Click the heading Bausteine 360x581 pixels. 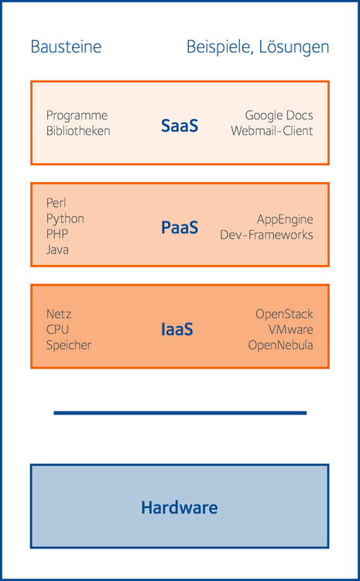tap(66, 47)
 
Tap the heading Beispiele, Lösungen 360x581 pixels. tap(258, 47)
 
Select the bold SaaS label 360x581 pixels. tap(180, 125)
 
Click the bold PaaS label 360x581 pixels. tap(180, 227)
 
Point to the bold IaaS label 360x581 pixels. tap(177, 329)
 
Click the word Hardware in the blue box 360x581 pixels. tap(180, 507)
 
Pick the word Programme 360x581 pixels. tap(77, 115)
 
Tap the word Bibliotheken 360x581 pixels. tap(78, 131)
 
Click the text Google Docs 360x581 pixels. tap(279, 115)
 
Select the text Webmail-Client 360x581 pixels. tap(272, 131)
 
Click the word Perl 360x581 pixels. tap(57, 203)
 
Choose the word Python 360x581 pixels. tap(65, 219)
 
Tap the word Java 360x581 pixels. tap(57, 249)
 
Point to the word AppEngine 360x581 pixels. tap(285, 219)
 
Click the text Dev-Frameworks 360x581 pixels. tap(266, 235)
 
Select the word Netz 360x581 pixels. tap(59, 315)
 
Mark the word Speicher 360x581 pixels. tap(69, 346)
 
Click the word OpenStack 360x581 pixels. tap(284, 315)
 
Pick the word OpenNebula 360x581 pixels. tap(281, 345)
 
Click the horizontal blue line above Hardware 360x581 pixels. tap(180, 413)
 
